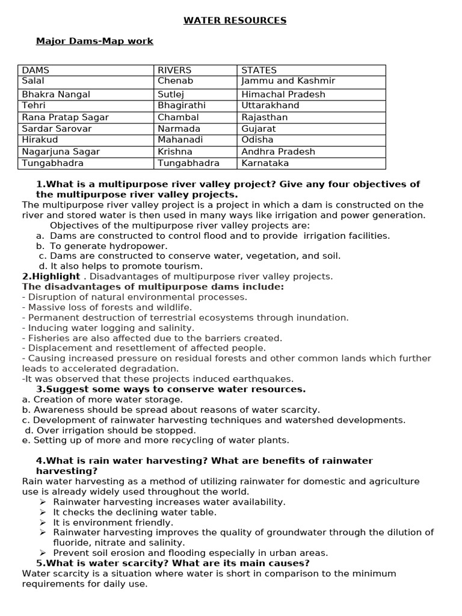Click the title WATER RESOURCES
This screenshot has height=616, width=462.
tap(235, 20)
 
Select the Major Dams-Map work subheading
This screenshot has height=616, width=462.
tap(94, 41)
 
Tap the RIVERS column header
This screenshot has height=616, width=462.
tap(174, 70)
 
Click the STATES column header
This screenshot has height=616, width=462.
tap(259, 70)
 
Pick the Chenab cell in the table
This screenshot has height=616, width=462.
tap(175, 81)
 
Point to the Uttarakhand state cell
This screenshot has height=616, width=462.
tap(270, 105)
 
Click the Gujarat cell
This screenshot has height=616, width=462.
tap(259, 129)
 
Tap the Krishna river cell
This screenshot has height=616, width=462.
tap(175, 152)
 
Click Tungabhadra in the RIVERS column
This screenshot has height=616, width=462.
tap(188, 163)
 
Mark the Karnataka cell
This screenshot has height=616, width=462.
tap(265, 163)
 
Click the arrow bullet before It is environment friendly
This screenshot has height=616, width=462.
tap(43, 523)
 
